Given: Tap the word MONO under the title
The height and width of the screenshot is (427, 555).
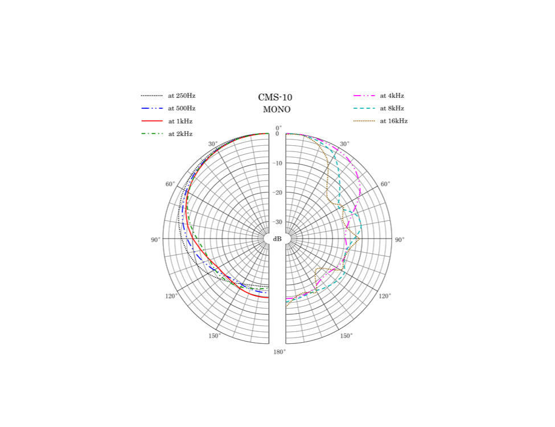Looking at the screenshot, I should point(277,109).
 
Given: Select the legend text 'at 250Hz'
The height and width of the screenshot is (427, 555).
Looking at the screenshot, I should point(182,96).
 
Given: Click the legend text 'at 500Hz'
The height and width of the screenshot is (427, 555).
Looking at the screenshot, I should point(182,108).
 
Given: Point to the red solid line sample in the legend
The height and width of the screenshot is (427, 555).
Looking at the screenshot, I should point(152,121).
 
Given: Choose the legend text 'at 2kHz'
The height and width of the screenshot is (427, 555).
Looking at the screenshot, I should point(180,134).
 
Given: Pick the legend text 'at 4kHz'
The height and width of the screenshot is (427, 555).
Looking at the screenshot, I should point(392,96).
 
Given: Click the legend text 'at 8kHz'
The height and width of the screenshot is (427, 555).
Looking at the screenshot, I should point(392,108).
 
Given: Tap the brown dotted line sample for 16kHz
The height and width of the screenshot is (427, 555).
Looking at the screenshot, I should point(364,121).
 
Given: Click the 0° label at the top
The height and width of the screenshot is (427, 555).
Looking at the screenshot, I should point(278,128).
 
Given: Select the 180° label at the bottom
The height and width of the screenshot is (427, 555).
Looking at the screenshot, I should point(279,352).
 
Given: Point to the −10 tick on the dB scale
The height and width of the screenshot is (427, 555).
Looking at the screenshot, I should point(277,163).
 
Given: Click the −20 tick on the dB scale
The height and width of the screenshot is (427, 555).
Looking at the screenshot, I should point(277,192).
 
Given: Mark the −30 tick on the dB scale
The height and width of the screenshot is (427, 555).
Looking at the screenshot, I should point(277,221).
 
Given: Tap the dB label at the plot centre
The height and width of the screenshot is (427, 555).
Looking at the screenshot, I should point(277,239).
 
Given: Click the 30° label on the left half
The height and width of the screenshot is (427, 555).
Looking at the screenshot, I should point(213,144).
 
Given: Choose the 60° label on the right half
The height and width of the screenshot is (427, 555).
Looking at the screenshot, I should point(385,184).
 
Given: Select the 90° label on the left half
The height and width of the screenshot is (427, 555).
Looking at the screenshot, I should point(155,240).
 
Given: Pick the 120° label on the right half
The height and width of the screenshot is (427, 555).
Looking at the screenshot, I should point(384,296).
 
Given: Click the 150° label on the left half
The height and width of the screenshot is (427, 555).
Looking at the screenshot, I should point(214,336).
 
